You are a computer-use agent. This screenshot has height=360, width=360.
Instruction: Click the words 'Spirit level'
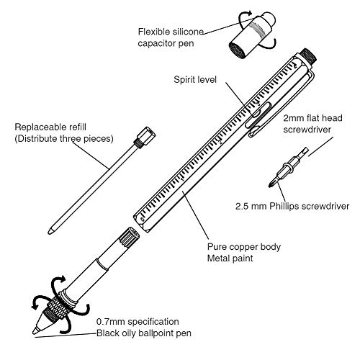195,80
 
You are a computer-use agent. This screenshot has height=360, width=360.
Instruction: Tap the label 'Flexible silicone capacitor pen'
171,37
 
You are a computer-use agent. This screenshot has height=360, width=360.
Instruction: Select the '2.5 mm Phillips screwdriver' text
292,206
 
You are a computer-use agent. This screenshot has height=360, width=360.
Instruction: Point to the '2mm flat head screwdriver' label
312,124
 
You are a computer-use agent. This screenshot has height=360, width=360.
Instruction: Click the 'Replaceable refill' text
50,127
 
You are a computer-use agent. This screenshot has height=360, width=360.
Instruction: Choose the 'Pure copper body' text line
244,247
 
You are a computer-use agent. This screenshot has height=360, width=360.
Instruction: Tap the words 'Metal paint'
230,258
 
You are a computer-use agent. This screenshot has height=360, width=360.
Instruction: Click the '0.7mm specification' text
138,322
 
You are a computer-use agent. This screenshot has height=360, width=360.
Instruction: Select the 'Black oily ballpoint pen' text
144,333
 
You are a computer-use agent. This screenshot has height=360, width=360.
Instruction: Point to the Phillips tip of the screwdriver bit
271,184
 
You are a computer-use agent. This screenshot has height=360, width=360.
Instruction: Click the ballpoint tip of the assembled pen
35,331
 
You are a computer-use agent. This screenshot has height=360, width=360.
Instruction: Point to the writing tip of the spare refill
50,231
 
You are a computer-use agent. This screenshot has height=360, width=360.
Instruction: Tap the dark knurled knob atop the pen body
309,56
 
